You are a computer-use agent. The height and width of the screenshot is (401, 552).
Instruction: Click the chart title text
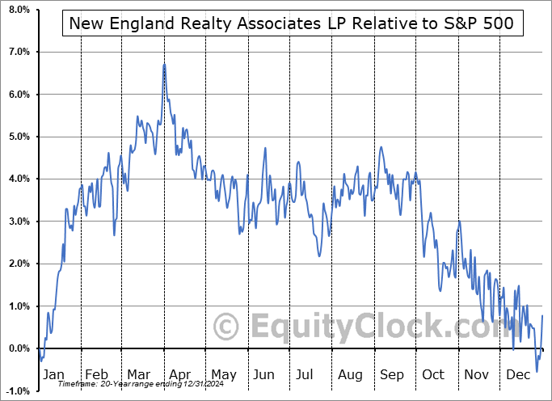pos(290,24)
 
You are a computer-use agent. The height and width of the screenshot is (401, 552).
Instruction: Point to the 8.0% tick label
pos(18,10)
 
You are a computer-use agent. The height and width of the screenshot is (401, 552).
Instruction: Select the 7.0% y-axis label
pos(18,52)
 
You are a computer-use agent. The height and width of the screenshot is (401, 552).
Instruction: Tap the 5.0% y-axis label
pos(18,137)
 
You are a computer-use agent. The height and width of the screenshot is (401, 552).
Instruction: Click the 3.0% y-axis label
pos(18,222)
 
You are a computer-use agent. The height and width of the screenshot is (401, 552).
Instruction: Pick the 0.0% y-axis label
pos(18,348)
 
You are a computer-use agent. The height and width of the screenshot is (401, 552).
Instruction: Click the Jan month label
pos(53,375)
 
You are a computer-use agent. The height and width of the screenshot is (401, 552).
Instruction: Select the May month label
pos(223,375)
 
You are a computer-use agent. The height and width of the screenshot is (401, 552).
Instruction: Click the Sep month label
pos(391,375)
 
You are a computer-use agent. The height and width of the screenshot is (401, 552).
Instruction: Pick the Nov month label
pos(475,375)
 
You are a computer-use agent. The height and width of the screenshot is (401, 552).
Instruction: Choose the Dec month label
pos(517,375)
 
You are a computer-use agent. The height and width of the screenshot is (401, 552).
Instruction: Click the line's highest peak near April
pos(164,65)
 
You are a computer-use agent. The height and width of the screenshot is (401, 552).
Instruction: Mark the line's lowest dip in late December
pos(537,372)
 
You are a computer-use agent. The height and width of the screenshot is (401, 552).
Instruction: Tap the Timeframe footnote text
pos(130,383)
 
